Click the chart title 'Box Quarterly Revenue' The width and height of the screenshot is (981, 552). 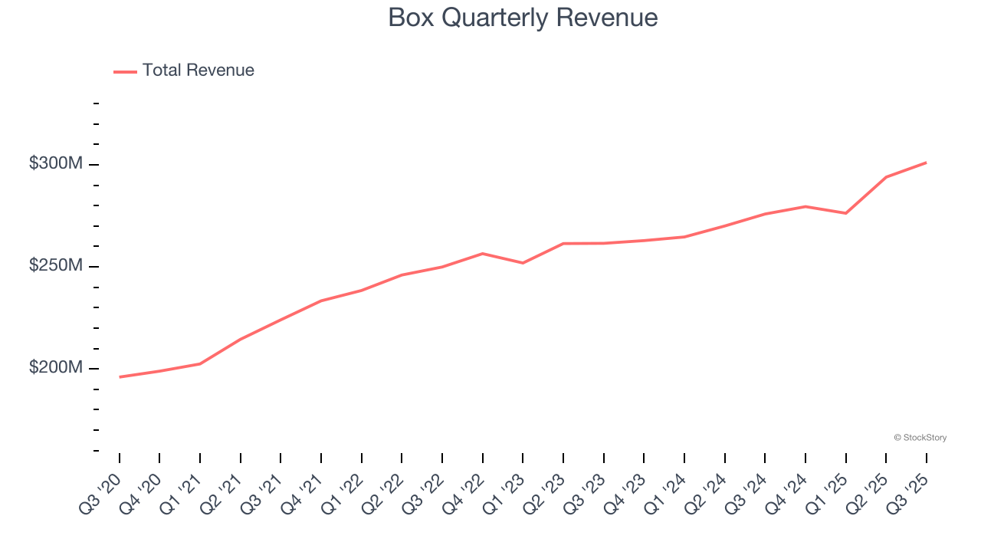coord(523,18)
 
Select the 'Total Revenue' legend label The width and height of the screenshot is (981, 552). coord(198,71)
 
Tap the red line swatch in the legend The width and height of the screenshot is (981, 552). coord(125,71)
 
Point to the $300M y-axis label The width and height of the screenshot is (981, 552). coord(55,164)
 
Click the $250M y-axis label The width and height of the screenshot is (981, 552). coord(55,266)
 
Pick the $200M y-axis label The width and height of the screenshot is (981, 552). coord(55,368)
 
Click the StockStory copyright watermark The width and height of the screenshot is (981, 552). coord(920,438)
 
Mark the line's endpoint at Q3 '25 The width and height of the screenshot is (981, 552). coord(926,163)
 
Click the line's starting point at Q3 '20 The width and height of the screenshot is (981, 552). coord(120,377)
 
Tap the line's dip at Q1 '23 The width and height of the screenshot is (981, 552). coord(523,263)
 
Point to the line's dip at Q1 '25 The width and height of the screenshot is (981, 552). coord(845,213)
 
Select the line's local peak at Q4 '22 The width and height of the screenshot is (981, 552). coord(482,253)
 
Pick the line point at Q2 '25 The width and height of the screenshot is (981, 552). coord(886,177)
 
